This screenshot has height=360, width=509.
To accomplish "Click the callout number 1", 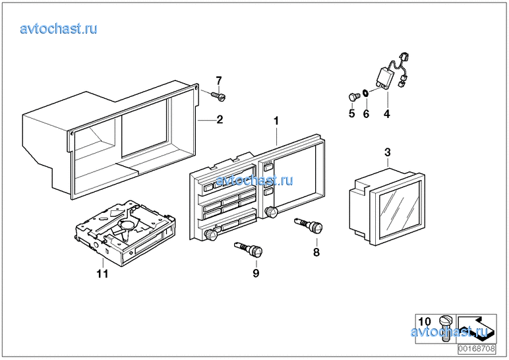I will [x=277, y=121].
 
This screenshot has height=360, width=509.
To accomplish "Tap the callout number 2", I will [x=220, y=120].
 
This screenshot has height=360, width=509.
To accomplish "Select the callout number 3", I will [x=388, y=153].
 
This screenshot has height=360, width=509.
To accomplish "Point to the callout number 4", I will [x=387, y=114].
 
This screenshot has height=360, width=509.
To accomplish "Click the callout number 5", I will [x=351, y=113].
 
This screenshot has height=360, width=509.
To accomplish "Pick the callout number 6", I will [x=367, y=113].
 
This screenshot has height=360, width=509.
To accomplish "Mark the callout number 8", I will [x=316, y=252].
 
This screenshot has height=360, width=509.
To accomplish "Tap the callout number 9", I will [x=256, y=272].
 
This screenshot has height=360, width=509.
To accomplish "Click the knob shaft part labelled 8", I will [x=310, y=226].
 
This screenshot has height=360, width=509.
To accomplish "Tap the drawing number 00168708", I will [x=477, y=348].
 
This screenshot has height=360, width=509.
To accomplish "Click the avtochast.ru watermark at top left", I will [x=59, y=28].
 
